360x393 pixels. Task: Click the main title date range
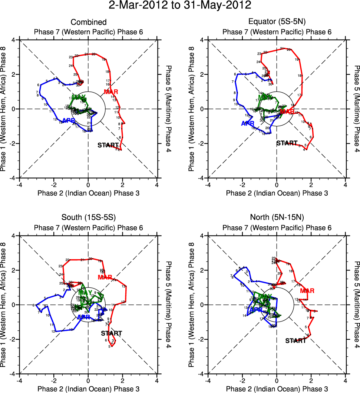click(180, 6)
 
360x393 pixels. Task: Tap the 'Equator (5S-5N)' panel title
click(277, 22)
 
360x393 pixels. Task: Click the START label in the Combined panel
click(108, 145)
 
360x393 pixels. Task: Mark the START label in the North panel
click(296, 340)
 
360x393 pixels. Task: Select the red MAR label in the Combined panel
click(111, 92)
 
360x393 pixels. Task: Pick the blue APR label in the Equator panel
click(248, 123)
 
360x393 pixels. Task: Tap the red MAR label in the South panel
click(105, 277)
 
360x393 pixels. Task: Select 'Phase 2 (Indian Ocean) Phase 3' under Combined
click(88, 193)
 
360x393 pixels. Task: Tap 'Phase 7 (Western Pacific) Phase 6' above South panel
click(88, 227)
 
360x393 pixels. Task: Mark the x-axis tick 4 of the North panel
click(345, 380)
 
